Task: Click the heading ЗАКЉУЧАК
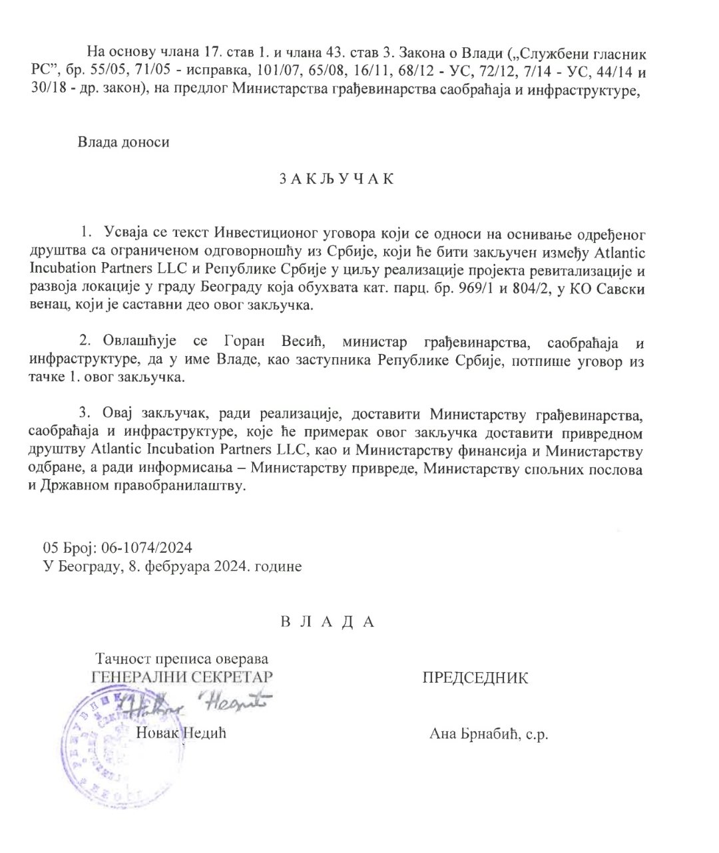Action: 334,180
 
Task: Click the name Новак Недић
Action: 181,733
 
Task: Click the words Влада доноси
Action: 124,142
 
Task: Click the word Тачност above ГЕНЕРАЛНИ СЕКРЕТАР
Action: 121,659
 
